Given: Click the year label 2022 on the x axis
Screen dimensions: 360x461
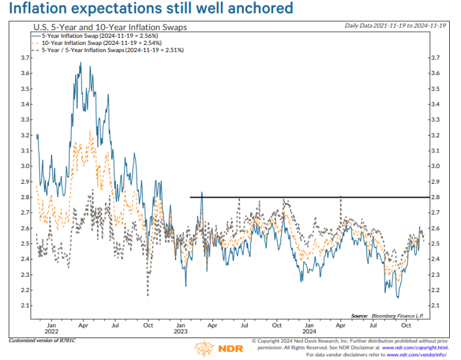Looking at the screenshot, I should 51,332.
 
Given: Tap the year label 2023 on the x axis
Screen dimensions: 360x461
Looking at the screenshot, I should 180,332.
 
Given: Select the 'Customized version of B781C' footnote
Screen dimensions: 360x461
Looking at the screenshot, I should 43,340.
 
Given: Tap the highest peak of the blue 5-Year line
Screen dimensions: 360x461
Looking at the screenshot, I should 80,63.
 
